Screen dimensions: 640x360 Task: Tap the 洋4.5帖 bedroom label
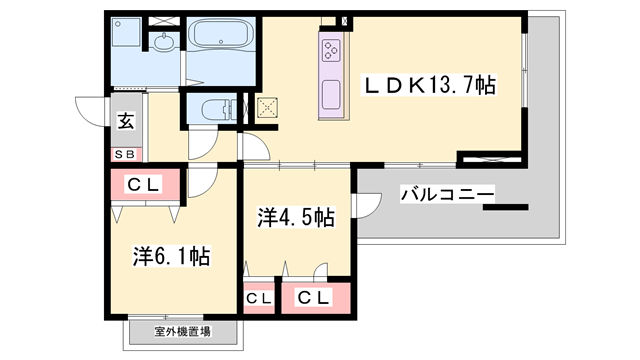click(296, 216)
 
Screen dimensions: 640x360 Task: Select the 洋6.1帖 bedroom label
click(173, 257)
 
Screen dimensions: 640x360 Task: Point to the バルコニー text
click(446, 193)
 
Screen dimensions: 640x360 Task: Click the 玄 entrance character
click(127, 121)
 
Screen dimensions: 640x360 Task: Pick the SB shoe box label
click(126, 154)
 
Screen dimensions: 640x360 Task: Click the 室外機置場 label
click(182, 332)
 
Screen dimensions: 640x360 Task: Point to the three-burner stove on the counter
click(332, 49)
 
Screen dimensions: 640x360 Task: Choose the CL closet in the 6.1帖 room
click(144, 184)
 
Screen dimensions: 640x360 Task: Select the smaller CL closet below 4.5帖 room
click(259, 298)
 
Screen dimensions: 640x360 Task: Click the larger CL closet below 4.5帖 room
click(315, 297)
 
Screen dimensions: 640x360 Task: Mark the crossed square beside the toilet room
click(267, 109)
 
